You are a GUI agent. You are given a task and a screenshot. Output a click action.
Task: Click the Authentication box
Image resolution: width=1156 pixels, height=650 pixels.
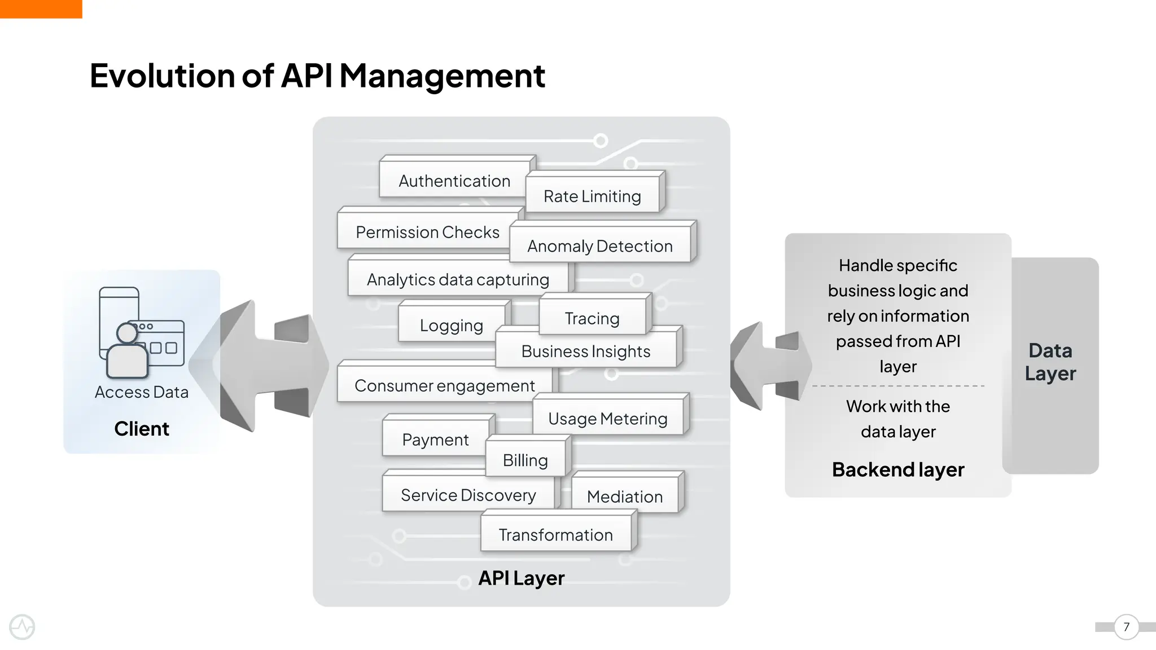[x=454, y=181]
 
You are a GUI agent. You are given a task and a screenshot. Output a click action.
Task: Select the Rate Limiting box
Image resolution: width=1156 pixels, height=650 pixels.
[x=592, y=196]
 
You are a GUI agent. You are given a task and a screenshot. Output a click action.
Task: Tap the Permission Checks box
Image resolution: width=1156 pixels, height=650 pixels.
[x=427, y=232]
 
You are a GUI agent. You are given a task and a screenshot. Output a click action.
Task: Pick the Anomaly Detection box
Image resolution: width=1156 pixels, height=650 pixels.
[x=599, y=246]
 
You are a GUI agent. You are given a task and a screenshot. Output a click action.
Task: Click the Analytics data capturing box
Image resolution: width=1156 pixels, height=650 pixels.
[x=457, y=279]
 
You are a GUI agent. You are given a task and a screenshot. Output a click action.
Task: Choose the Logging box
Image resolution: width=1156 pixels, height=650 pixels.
[x=451, y=325]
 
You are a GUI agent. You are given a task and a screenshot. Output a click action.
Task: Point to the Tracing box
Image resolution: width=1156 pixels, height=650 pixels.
[x=592, y=318]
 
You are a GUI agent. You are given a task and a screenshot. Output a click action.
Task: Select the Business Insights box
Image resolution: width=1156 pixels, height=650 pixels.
[x=585, y=351]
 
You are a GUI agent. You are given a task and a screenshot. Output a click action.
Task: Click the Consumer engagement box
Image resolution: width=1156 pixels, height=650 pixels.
[x=444, y=385]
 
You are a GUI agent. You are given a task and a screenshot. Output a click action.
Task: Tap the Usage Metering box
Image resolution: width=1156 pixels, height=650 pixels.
[x=607, y=418]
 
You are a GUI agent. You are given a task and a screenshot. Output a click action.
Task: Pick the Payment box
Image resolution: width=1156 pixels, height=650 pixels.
[x=435, y=439]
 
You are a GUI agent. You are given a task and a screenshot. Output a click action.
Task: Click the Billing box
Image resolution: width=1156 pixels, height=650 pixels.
[x=525, y=460]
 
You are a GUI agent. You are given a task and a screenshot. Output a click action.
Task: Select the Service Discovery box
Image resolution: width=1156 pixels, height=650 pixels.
[x=468, y=495]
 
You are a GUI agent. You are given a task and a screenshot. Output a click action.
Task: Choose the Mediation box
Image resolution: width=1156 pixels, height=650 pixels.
[x=624, y=497]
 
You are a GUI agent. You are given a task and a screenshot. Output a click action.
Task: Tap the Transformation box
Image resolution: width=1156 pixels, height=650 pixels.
[x=555, y=534]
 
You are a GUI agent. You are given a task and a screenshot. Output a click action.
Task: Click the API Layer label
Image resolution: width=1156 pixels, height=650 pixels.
[x=521, y=578]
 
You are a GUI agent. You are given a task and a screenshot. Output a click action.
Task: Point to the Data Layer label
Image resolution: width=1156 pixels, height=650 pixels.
[x=1050, y=362]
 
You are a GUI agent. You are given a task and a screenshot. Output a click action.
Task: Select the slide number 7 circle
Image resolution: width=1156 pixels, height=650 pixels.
[x=1126, y=627]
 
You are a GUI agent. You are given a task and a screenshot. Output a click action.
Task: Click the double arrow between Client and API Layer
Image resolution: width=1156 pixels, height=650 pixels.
[x=265, y=366]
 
